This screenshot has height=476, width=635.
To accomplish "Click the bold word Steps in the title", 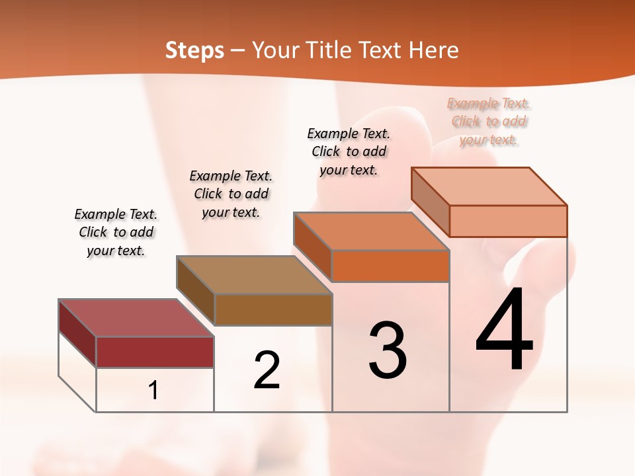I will tap(194, 50).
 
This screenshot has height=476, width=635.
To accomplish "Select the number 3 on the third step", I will tap(388, 350).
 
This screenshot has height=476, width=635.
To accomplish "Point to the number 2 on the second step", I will tap(267, 370).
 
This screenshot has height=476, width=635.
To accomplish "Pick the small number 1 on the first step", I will tap(153, 391).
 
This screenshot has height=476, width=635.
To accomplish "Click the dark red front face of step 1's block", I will tap(155, 352).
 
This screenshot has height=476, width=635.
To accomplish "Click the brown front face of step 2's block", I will tap(273, 309).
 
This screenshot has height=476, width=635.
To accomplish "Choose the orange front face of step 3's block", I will tap(390, 266).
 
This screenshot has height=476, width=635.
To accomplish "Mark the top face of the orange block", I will tap(371, 231).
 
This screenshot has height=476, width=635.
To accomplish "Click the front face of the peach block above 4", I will tap(508, 221).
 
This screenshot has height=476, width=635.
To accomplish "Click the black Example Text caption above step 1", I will tap(116, 232).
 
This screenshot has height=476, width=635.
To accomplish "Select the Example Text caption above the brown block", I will tap(231, 194).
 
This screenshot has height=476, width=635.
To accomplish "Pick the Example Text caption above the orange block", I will tap(349, 151).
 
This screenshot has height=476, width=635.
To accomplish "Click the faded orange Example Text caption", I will tap(489, 121).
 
